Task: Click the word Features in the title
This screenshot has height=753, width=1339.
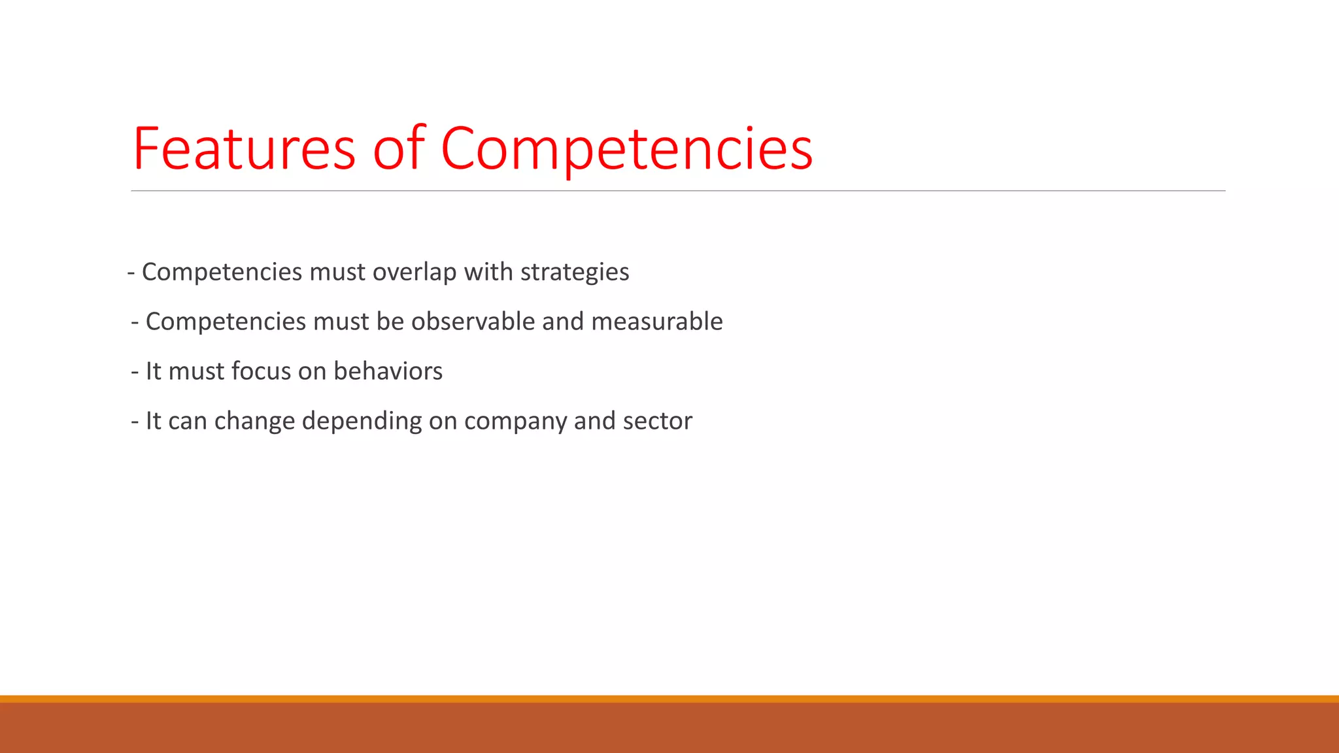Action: pos(244,148)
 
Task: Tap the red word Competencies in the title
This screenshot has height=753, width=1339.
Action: pos(626,148)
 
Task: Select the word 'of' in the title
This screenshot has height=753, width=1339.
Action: pos(399,148)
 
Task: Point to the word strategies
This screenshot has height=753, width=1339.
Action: pos(575,272)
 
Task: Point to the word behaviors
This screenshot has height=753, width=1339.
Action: pos(388,371)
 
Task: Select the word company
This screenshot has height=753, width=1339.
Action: pos(515,421)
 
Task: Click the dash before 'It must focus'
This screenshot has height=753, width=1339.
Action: pos(135,372)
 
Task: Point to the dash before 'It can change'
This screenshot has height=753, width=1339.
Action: pos(135,422)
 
